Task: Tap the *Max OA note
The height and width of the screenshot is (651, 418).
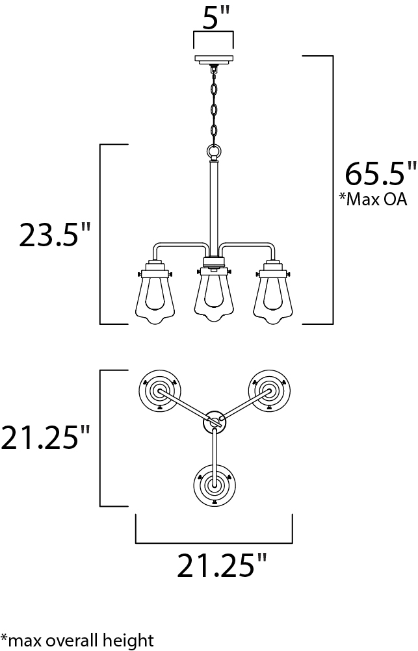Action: point(372,199)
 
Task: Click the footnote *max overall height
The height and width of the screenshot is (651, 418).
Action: point(77,640)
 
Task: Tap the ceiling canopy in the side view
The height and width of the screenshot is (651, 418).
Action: point(214,60)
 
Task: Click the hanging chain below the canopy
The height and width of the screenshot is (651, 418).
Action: point(215,105)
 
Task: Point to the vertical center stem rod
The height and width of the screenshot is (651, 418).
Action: point(214,208)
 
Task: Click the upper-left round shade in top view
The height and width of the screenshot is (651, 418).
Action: point(159,390)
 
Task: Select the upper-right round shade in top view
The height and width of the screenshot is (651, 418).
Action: point(269,390)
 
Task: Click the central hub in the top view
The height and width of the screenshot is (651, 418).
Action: point(215,422)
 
